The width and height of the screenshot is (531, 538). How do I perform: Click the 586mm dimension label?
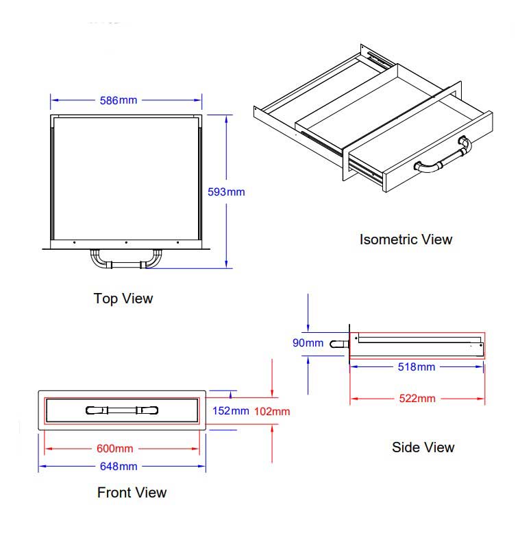pos(118,100)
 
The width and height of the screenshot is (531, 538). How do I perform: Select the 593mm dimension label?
pos(226,192)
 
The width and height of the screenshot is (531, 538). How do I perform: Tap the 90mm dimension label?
pos(308,343)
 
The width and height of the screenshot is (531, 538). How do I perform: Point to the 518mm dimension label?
pos(417,366)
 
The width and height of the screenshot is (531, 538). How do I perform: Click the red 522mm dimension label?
pos(417,398)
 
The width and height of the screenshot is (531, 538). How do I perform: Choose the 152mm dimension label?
pos(230,410)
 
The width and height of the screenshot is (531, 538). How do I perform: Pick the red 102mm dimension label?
pos(272,411)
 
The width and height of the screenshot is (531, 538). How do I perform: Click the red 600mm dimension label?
pos(115,449)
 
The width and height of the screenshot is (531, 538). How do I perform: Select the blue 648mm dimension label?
pos(119,467)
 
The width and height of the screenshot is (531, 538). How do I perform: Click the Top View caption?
pos(123,298)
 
